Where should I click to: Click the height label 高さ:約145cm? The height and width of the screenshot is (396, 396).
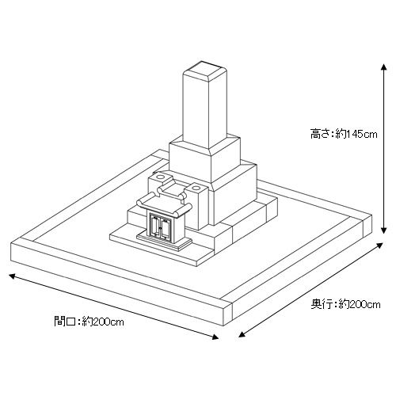[x=344, y=134]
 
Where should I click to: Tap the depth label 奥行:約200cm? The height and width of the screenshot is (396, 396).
[x=345, y=304]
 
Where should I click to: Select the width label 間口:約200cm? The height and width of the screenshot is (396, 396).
[x=89, y=322]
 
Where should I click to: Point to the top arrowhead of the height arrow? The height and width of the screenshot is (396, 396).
[x=384, y=67]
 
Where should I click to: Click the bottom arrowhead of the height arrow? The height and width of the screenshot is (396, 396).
[x=384, y=230]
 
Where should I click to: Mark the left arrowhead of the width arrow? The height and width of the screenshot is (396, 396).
[x=12, y=276]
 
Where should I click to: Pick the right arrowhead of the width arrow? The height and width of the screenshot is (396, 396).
[x=215, y=337]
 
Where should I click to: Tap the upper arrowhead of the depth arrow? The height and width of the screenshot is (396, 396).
[x=379, y=246]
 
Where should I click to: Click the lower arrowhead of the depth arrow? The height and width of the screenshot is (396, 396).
[x=242, y=334]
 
